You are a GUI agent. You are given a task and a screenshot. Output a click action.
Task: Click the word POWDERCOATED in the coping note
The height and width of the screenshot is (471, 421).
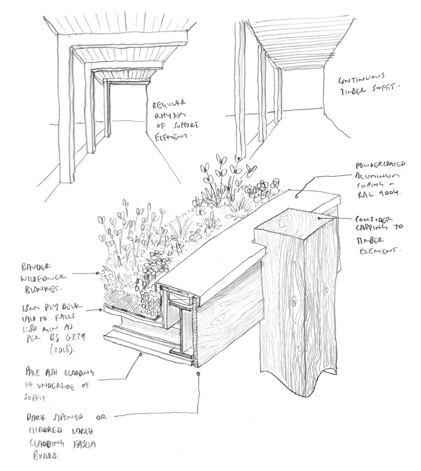pyautogui.click(x=381, y=166)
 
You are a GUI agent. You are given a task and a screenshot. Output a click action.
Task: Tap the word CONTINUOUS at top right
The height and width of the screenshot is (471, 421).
pyautogui.click(x=364, y=76)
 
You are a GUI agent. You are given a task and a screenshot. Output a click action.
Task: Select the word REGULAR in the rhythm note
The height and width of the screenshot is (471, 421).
pyautogui.click(x=163, y=103)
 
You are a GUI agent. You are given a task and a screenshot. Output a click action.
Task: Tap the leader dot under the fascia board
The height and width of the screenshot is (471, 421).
pyautogui.click(x=198, y=373)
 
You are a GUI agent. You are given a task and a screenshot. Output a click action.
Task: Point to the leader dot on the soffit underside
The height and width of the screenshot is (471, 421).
pyautogui.click(x=141, y=355)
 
